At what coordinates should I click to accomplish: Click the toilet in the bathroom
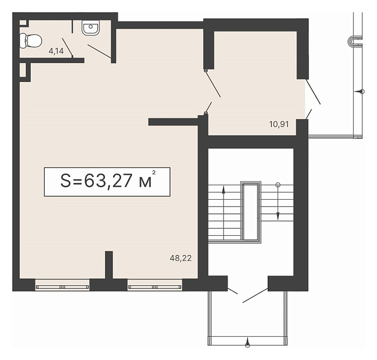tap(31, 41)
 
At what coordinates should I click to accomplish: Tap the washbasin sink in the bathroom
tap(90, 27)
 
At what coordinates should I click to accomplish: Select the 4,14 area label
tap(56, 51)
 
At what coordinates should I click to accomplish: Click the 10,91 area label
tap(279, 124)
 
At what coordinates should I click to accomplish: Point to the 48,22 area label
tap(180, 258)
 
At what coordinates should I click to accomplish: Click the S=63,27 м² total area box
tap(107, 182)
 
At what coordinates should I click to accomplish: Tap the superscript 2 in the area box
tap(154, 172)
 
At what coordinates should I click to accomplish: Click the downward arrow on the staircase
tap(278, 202)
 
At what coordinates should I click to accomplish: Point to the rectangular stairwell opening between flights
tap(250, 211)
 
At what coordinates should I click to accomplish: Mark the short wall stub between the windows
tap(109, 265)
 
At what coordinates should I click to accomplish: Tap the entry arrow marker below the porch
tap(247, 342)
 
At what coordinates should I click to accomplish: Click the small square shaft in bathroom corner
tap(24, 23)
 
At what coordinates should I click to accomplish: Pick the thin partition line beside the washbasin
tap(72, 27)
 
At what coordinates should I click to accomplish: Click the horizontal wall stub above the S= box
tap(173, 122)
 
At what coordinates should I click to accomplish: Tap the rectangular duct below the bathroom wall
tap(25, 72)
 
